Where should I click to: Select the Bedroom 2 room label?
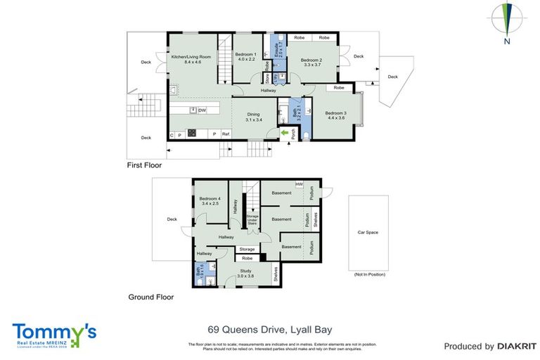(x=311, y=60)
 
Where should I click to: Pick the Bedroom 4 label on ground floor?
(x=210, y=199)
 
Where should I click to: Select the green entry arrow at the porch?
(x=285, y=131)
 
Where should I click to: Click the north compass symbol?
(x=506, y=21)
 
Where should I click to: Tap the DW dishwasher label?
(x=201, y=110)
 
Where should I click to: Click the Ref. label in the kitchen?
(x=226, y=134)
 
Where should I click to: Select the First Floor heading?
(x=144, y=166)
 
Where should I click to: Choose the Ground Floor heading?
(x=150, y=297)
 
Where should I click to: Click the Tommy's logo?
(x=54, y=335)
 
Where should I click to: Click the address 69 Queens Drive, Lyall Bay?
(x=270, y=329)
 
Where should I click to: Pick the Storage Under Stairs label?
(x=252, y=220)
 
